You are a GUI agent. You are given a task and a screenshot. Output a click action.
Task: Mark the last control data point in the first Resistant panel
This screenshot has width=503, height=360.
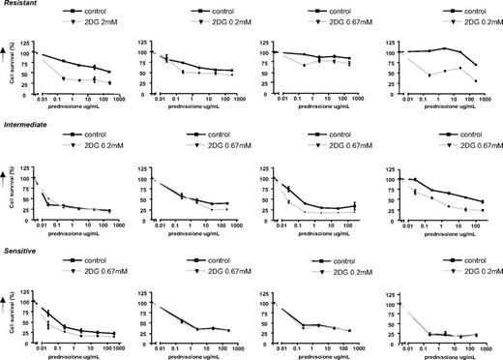coord(109,72)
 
